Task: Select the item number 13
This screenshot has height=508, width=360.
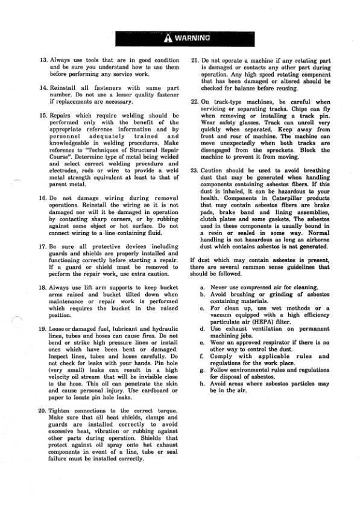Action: coord(43,61)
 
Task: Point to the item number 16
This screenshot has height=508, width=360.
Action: coord(43,198)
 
